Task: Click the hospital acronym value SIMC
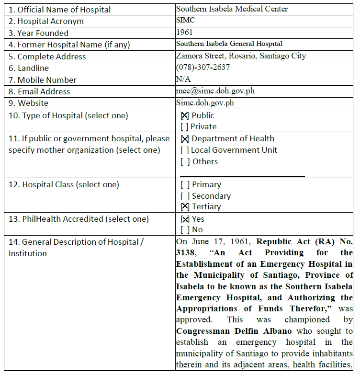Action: (x=185, y=21)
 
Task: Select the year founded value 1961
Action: (x=184, y=33)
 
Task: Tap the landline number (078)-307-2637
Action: (x=202, y=68)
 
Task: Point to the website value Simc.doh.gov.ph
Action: (x=205, y=103)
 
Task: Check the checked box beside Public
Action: (x=185, y=115)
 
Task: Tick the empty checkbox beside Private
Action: (x=184, y=127)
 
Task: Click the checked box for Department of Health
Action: (x=185, y=139)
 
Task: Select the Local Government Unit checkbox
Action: (x=185, y=150)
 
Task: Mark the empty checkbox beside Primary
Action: (x=185, y=185)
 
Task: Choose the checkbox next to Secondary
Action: (x=185, y=196)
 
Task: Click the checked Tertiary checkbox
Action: (x=185, y=207)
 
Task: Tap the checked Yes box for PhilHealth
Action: (x=185, y=219)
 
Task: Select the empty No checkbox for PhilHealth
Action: (x=185, y=230)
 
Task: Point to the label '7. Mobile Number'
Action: (x=43, y=80)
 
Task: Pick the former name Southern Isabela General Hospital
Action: (x=229, y=44)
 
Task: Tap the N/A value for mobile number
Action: (x=183, y=79)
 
